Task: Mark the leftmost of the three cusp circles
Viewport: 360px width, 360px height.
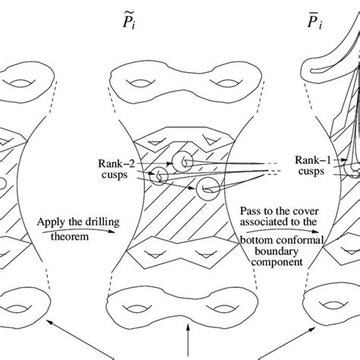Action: pyautogui.click(x=160, y=176)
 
